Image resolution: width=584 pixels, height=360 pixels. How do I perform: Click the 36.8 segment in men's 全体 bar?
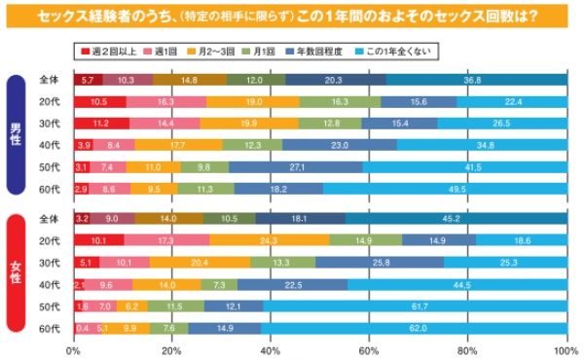pyautogui.click(x=474, y=80)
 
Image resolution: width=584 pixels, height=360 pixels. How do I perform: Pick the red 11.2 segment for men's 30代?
pyautogui.click(x=101, y=124)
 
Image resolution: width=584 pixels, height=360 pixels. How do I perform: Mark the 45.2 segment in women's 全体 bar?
pyautogui.click(x=454, y=218)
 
